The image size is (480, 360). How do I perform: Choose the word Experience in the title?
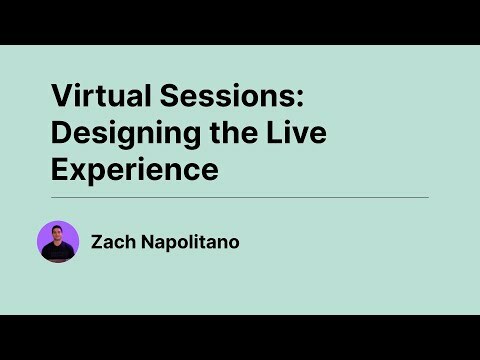[135, 170]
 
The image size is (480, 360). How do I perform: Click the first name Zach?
[110, 241]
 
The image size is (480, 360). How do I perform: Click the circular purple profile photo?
[58, 241]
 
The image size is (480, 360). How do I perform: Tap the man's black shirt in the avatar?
[58, 253]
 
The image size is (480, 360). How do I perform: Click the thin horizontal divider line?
[240, 198]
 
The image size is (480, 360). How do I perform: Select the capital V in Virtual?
[61, 97]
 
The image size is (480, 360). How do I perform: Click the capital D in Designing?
[62, 133]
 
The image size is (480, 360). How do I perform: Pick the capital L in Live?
[257, 133]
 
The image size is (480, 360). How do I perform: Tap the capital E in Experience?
[61, 170]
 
